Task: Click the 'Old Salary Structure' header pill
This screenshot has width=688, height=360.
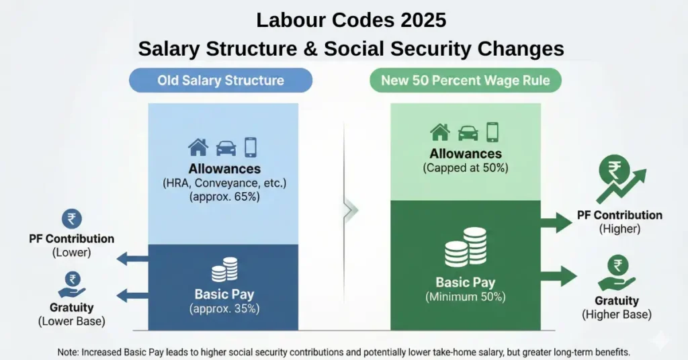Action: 220,81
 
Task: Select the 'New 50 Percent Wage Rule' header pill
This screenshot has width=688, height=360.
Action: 465,81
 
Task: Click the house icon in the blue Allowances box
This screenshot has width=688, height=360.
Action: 198,147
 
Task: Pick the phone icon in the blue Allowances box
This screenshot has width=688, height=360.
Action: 251,147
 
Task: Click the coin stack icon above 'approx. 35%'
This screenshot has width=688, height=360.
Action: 224,272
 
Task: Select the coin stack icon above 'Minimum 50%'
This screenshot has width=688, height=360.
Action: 465,246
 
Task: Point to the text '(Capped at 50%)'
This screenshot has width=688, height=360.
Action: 465,168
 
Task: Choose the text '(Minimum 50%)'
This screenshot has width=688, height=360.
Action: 465,296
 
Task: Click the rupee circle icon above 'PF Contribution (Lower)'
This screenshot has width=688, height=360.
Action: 71,219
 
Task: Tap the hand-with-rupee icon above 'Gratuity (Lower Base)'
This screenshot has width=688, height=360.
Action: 71,283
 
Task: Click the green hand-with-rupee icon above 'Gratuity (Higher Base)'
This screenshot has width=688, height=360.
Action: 616,273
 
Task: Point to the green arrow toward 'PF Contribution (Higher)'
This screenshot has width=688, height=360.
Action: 556,221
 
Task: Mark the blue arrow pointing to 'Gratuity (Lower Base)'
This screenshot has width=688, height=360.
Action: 132,294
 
